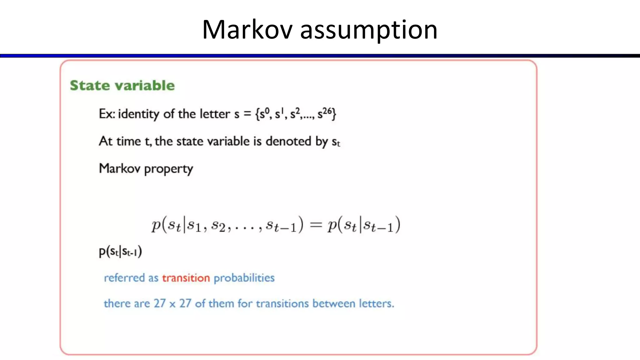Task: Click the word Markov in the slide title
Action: [x=247, y=30]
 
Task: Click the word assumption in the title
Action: [x=369, y=30]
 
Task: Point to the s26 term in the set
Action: [x=325, y=113]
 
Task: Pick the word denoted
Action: [x=288, y=141]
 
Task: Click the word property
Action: [x=168, y=169]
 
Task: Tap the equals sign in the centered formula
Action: [x=316, y=225]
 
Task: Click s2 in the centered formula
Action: [x=218, y=225]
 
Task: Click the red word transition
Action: [x=186, y=278]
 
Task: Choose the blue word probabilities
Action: [x=244, y=278]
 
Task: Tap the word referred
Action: [x=124, y=278]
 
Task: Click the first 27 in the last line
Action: [x=160, y=303]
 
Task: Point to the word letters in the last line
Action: [x=376, y=303]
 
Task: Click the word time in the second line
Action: [x=128, y=141]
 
